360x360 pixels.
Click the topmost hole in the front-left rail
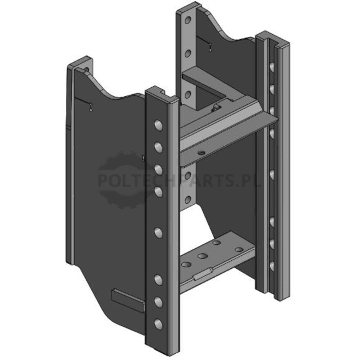click(x=158, y=126)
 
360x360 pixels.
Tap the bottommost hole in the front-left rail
click(x=158, y=324)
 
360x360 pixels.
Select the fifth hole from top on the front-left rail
click(x=158, y=233)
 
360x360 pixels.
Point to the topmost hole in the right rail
click(x=272, y=68)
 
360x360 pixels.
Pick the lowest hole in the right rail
click(x=272, y=266)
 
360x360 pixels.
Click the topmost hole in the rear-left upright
click(x=188, y=20)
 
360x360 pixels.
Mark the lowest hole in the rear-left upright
click(x=188, y=199)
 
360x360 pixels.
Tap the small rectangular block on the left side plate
click(x=128, y=300)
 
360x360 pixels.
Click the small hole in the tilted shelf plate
click(x=202, y=152)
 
